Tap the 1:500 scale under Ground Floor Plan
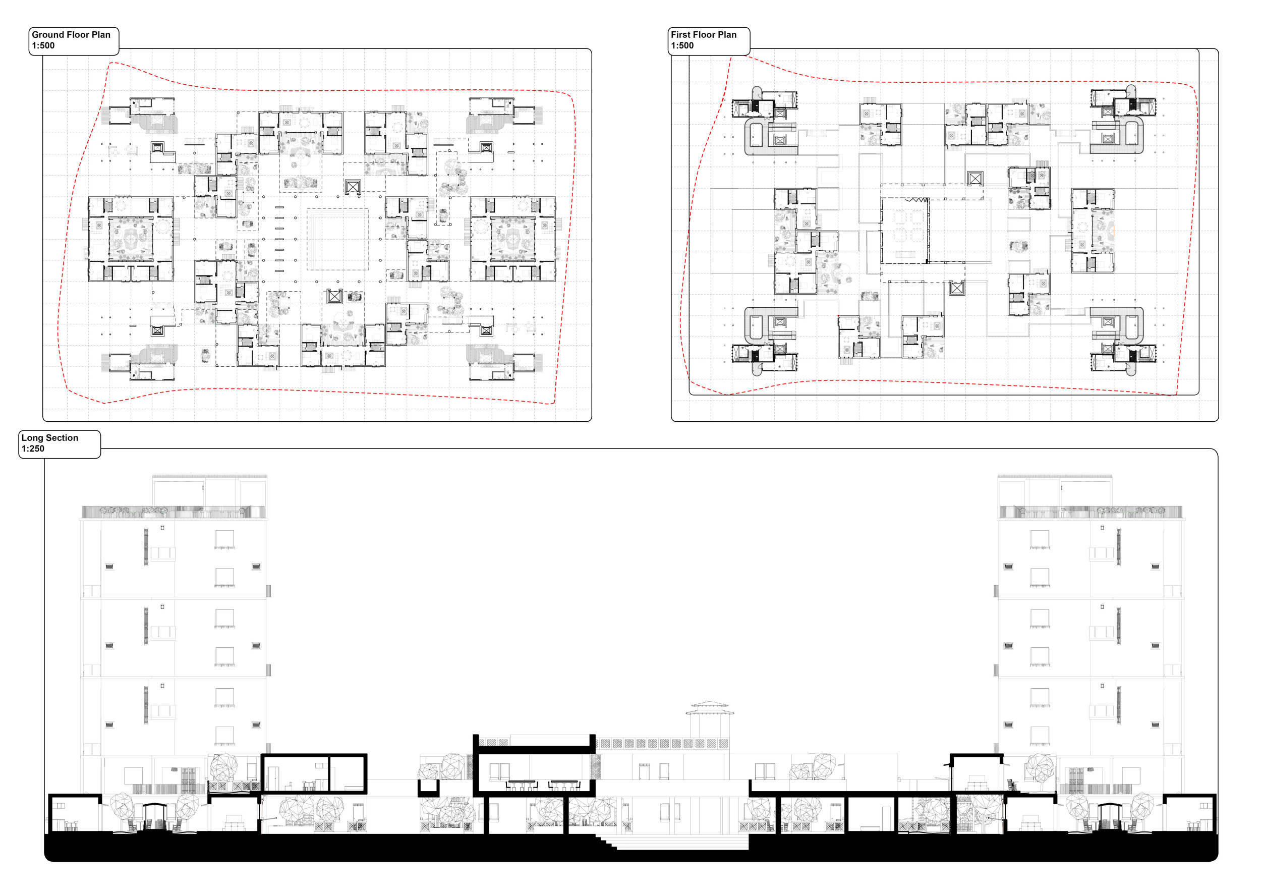coord(43,45)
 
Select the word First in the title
coord(680,35)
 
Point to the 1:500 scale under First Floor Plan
coord(682,45)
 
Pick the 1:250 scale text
coord(33,449)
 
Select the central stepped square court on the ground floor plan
coord(337,239)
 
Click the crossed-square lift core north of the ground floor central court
coord(353,187)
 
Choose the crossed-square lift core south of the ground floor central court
coord(334,297)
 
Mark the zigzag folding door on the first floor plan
coord(916,200)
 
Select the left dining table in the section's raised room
coord(521,784)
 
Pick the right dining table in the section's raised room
coord(564,784)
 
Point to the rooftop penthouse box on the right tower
coord(1055,491)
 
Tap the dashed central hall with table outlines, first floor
coord(905,231)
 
